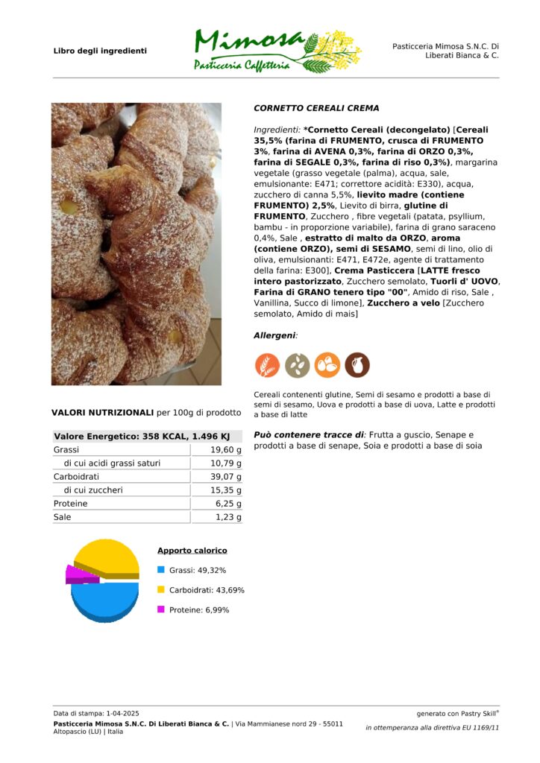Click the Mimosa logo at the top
[276, 50]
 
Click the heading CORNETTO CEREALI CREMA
[316, 108]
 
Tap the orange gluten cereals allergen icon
[267, 365]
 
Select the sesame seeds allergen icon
[297, 365]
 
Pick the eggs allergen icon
[327, 365]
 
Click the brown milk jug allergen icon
[357, 365]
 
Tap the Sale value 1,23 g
[228, 517]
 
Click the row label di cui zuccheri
[93, 490]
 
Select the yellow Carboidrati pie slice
[109, 557]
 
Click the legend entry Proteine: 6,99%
[198, 610]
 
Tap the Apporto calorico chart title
[192, 551]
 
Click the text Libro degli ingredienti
[100, 51]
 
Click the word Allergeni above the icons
[274, 336]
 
